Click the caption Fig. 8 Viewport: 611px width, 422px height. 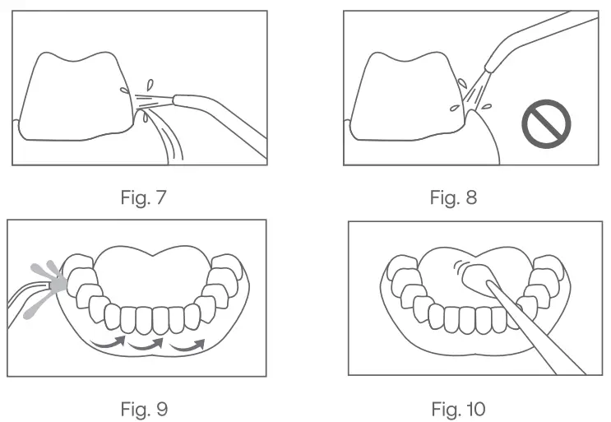(x=453, y=197)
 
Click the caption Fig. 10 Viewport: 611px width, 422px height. (x=458, y=408)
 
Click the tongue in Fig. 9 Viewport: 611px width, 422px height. (x=156, y=271)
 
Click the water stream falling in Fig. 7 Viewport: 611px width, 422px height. (x=171, y=140)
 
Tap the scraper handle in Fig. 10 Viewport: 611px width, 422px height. (x=535, y=329)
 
